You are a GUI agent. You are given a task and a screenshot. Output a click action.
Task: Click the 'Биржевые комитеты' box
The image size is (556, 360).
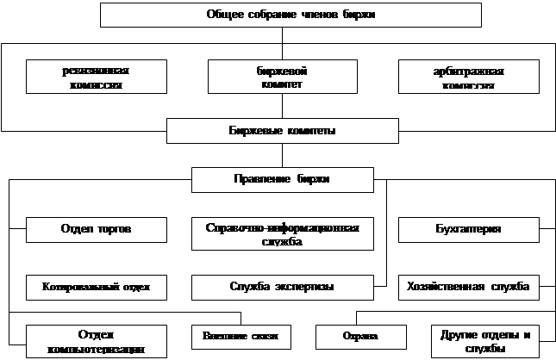click(x=282, y=132)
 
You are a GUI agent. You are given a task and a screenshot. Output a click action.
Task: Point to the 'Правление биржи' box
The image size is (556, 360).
click(x=282, y=179)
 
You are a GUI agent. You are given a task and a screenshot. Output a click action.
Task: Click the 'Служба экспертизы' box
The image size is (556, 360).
click(x=282, y=286)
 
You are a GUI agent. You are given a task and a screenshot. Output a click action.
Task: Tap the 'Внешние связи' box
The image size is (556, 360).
click(x=241, y=335)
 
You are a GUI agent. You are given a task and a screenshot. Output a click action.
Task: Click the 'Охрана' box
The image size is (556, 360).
click(x=360, y=335)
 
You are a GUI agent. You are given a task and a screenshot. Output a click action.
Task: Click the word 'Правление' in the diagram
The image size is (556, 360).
click(x=259, y=179)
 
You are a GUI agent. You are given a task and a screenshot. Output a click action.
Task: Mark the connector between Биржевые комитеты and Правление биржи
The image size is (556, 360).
click(x=282, y=155)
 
